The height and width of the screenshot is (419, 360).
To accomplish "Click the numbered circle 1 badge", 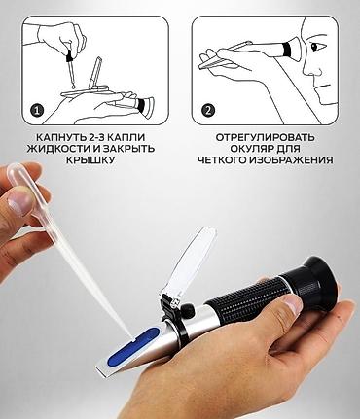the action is coord(37,111).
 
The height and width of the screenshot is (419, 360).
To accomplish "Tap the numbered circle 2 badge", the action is coord(207,111).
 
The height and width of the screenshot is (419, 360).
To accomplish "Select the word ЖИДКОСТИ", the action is coord(59,149).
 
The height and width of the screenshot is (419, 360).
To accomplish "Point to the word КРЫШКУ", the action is coord(90,160).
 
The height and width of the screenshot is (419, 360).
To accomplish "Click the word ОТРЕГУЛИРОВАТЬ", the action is coord(266,137).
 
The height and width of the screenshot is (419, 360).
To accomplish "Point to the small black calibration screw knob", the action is coord(188,311).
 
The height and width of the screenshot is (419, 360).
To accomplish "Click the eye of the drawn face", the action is coord(315,47).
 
